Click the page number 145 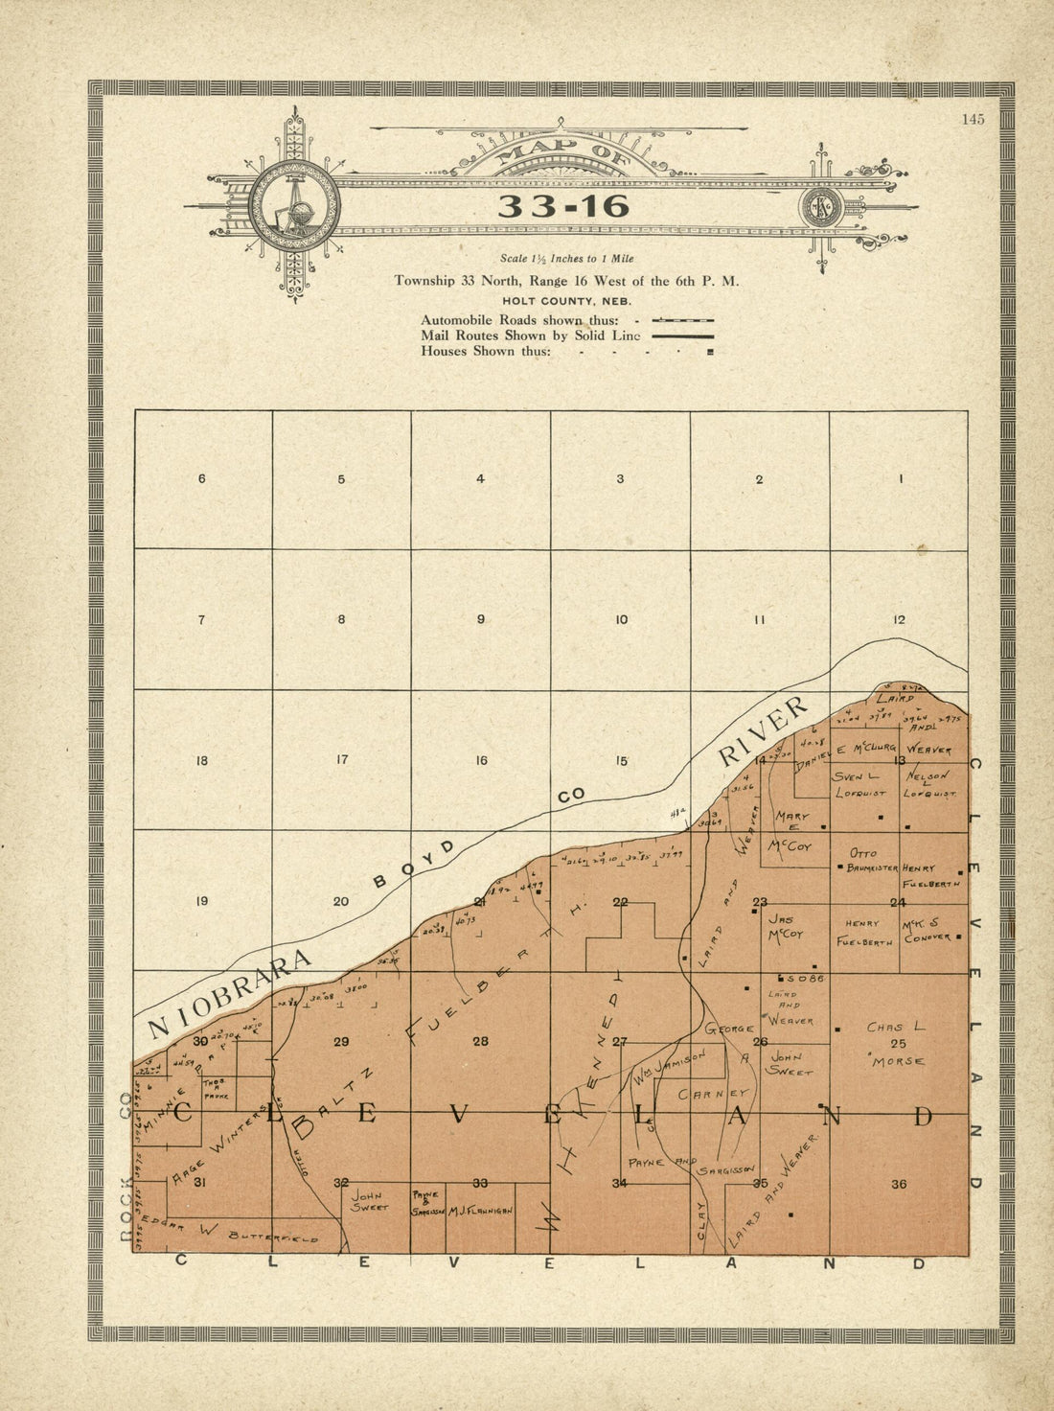[x=974, y=120]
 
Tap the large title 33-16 [x=563, y=206]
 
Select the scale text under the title [x=566, y=259]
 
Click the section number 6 [x=201, y=478]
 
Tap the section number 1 [x=901, y=478]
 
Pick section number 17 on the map [x=341, y=760]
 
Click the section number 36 [x=899, y=1184]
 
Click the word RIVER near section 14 [x=764, y=730]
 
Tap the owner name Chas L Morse [x=896, y=1044]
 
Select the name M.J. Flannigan [x=480, y=1211]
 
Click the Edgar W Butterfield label [x=240, y=1233]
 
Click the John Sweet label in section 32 [x=369, y=1202]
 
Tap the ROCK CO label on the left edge [x=126, y=1168]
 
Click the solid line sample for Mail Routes [x=682, y=336]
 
